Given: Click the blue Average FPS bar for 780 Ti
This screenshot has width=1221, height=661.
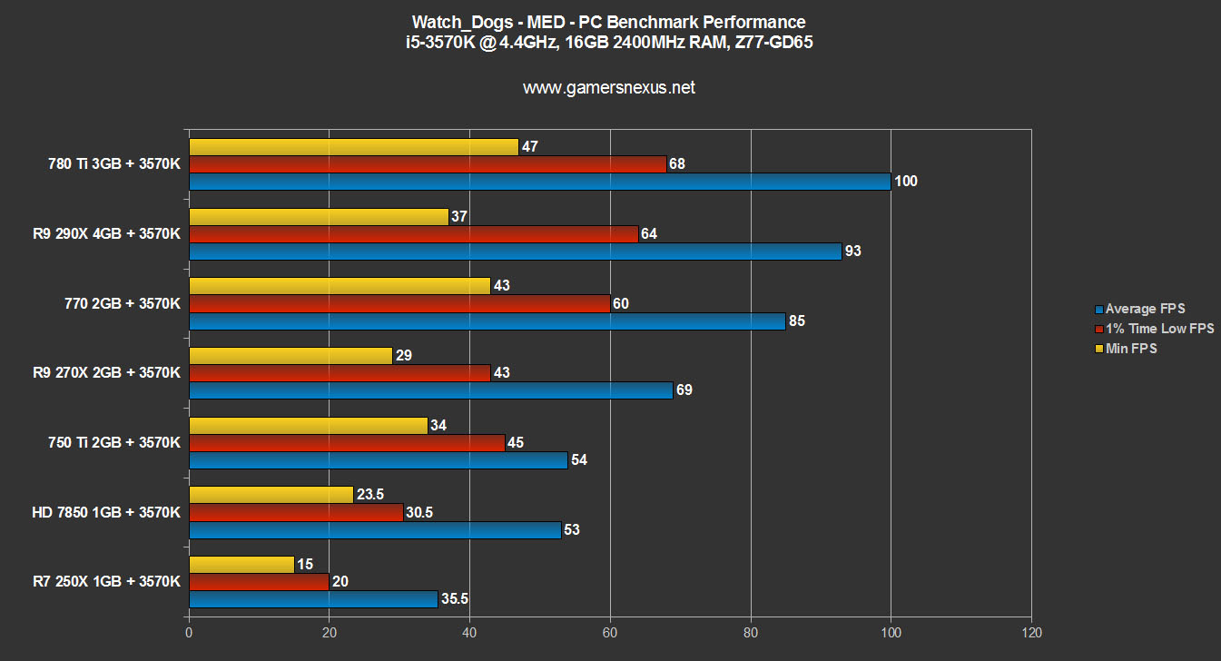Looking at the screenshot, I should [540, 182].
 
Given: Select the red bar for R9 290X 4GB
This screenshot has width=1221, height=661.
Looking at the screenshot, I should [413, 234].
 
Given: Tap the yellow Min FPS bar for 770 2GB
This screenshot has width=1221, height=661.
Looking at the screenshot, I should [340, 286].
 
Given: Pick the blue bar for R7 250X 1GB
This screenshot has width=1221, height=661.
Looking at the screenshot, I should [313, 599].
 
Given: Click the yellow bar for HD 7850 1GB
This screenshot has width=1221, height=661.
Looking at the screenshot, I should [271, 495].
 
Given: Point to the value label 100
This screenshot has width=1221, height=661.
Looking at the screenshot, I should [906, 182].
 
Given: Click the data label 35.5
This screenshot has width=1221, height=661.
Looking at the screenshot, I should [456, 599].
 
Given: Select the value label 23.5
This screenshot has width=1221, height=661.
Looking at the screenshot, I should [369, 495].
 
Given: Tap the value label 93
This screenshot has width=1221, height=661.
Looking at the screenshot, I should [852, 252].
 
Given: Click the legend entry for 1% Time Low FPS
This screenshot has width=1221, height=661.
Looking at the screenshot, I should [1159, 329].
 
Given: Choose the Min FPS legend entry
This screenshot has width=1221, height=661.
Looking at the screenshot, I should [1131, 348].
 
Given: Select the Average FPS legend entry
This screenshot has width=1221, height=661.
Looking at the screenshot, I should [1145, 309].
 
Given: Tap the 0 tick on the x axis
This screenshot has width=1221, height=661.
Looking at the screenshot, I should [189, 632].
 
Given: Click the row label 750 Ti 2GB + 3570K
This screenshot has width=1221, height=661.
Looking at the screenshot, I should [114, 442].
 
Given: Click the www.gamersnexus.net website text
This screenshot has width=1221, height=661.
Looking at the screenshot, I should [609, 88].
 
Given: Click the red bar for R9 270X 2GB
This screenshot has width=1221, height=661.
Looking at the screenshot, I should [340, 373].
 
